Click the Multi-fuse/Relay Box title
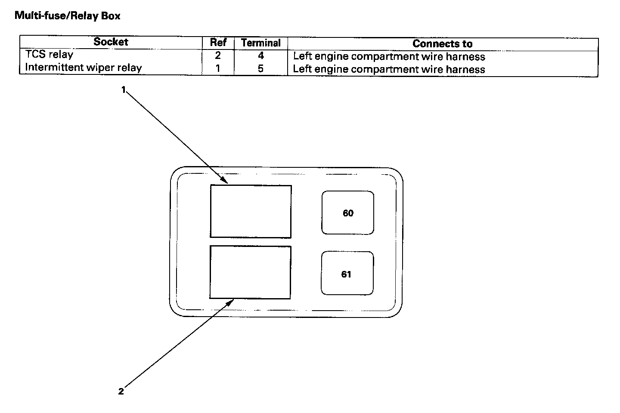tap(68, 16)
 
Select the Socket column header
tap(111, 42)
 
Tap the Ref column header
tap(218, 42)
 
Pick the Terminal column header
tap(261, 43)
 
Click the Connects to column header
tap(442, 44)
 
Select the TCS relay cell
tap(49, 55)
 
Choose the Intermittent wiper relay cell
tap(83, 68)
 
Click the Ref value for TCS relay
tap(218, 55)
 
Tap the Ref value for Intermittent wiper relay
tap(218, 68)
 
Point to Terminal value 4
tap(261, 56)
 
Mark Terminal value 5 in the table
tap(261, 69)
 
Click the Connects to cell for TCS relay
tap(389, 57)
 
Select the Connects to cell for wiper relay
tap(389, 70)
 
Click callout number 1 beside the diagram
tap(123, 89)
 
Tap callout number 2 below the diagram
tap(121, 391)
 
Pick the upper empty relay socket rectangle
tap(251, 211)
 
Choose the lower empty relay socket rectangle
tap(250, 272)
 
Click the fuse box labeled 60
tap(348, 213)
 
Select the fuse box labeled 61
tap(347, 274)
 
